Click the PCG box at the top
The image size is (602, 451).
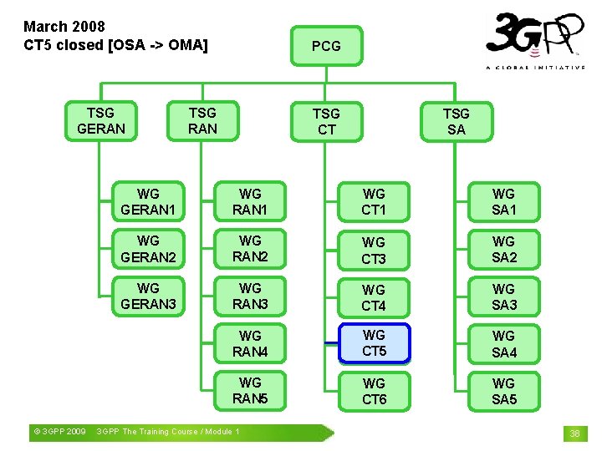pos(326,46)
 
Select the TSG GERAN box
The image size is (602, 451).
pos(100,120)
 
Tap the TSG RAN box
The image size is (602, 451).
pos(202,120)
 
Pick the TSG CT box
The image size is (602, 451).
pos(326,121)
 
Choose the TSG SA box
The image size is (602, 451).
pos(456,121)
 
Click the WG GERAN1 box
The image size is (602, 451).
pos(148,201)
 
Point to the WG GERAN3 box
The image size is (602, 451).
pos(148,296)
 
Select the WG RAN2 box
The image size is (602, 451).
pos(250,249)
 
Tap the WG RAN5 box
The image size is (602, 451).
pos(250,391)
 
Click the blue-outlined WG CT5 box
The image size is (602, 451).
pos(374,343)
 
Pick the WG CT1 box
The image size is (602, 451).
pos(374,201)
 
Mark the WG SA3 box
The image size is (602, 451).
pos(503,296)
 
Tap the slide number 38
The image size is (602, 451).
pos(574,433)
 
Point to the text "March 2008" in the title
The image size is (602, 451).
pos(64,27)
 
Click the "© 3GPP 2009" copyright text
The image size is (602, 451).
pos(59,432)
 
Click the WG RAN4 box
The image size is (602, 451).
pos(250,343)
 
